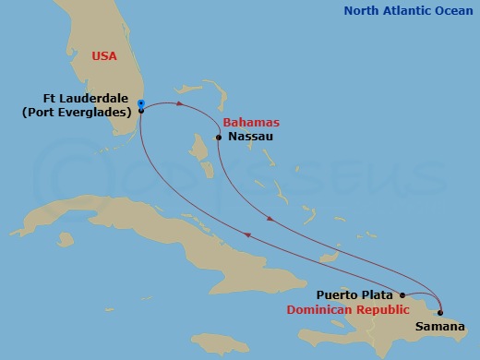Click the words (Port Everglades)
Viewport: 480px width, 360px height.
click(x=76, y=113)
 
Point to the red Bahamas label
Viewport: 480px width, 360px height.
click(x=251, y=123)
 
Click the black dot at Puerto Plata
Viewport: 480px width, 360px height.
click(x=402, y=296)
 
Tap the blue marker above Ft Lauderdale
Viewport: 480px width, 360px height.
click(x=140, y=102)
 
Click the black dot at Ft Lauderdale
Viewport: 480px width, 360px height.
click(x=140, y=111)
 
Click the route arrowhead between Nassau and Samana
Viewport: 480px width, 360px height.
click(x=269, y=220)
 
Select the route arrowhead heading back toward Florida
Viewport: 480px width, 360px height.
click(x=247, y=236)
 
